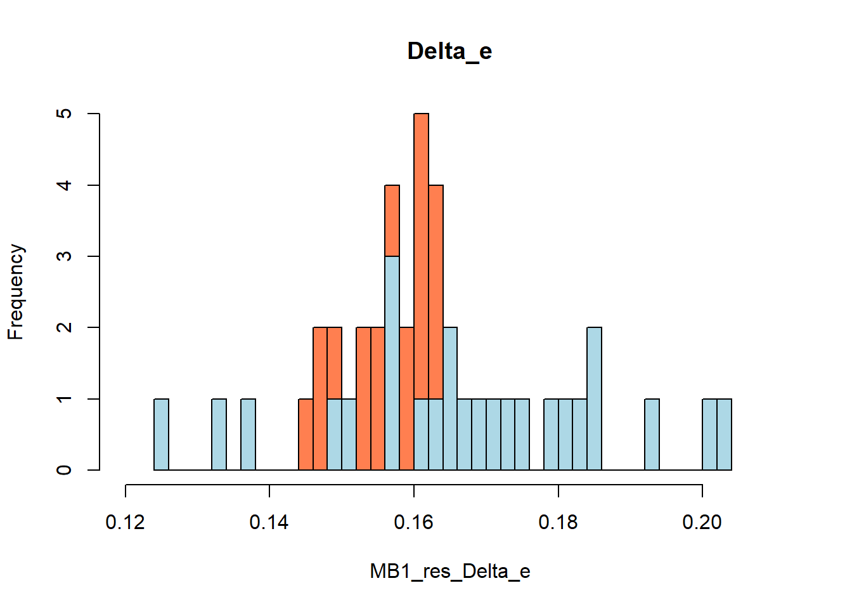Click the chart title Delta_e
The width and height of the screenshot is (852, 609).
[x=449, y=51]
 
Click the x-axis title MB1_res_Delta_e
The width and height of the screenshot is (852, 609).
[x=449, y=572]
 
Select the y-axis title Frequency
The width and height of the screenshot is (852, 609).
[x=15, y=292]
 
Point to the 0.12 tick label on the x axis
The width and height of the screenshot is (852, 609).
[x=126, y=522]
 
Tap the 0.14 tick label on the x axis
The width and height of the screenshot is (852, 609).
[x=269, y=522]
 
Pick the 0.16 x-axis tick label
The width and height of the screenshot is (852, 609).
[x=414, y=522]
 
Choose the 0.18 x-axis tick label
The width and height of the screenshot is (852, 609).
[x=558, y=522]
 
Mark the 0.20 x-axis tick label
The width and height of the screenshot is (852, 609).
[x=702, y=522]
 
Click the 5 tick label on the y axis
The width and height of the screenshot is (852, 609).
[x=64, y=114]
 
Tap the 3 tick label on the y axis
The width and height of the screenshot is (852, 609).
[x=64, y=256]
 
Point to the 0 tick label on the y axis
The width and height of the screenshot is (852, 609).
[x=64, y=470]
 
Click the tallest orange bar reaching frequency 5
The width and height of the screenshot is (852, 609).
[x=421, y=254]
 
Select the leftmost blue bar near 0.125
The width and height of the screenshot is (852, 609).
[x=162, y=435]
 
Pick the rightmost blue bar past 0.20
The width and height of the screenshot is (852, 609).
[x=724, y=435]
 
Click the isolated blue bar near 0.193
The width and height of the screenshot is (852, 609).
[x=652, y=435]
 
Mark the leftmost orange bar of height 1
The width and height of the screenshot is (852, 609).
[x=306, y=435]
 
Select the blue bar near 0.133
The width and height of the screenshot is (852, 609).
[x=219, y=435]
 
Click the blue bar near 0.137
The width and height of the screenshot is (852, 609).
[x=248, y=435]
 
